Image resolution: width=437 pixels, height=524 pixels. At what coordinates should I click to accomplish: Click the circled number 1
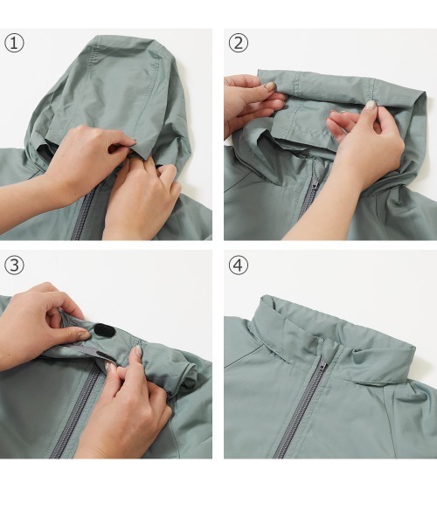coord(14,44)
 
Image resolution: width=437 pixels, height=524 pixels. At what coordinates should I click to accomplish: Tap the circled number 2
coord(238,44)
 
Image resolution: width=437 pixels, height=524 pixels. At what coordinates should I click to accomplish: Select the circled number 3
coord(14,265)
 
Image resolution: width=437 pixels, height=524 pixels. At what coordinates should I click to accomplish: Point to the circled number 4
coord(238,265)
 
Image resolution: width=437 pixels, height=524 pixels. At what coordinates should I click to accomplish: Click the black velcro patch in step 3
coord(104,330)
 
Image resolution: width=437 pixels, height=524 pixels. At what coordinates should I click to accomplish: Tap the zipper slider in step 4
coord(322,367)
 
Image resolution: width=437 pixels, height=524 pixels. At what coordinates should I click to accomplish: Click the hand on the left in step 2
coord(253,103)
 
